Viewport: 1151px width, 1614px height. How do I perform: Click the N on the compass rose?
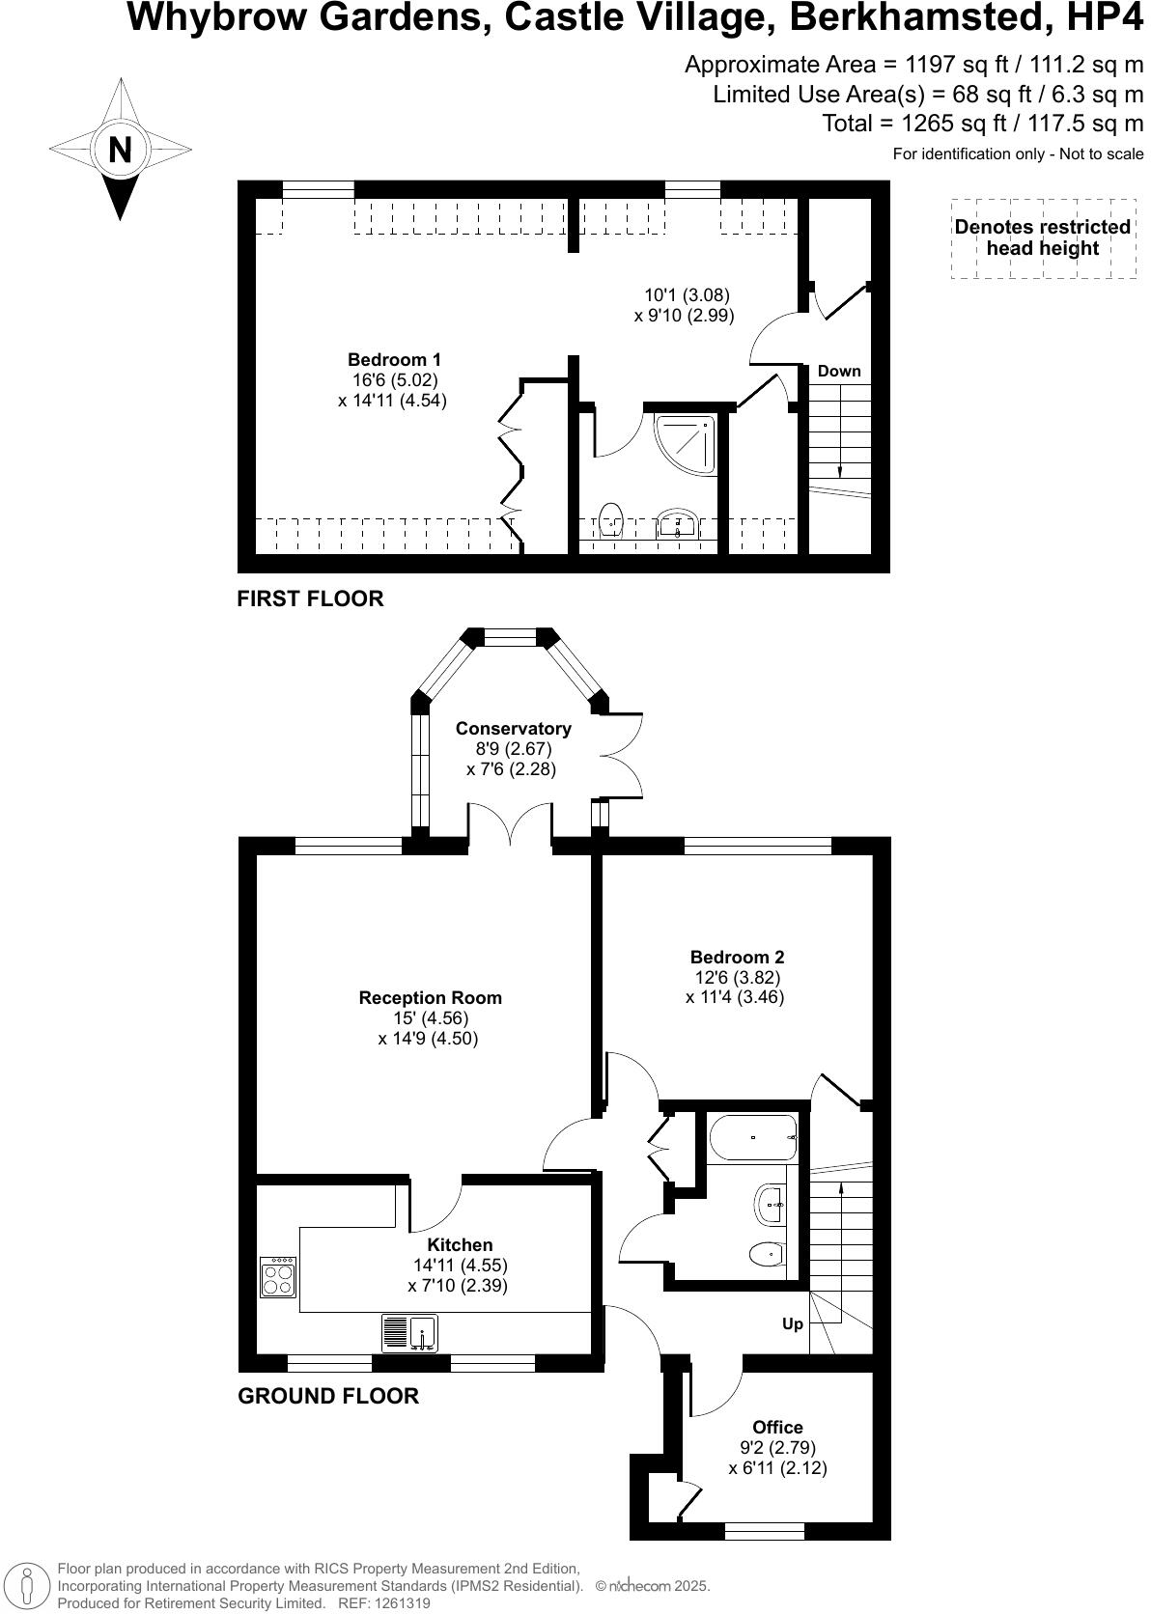[120, 151]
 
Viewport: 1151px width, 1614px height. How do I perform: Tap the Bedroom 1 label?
[394, 360]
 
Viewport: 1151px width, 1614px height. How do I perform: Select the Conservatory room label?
[513, 729]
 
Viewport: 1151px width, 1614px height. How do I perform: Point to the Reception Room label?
[430, 998]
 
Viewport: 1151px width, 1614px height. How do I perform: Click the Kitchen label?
[460, 1245]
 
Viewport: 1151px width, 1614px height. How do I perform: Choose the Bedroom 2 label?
[737, 958]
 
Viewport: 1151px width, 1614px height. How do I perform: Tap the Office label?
[777, 1427]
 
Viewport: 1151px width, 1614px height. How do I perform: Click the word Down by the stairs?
[838, 372]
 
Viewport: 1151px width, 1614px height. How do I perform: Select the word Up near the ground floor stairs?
[792, 1323]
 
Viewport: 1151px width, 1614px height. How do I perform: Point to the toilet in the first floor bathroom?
[611, 519]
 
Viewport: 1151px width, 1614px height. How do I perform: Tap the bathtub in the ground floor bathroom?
[752, 1137]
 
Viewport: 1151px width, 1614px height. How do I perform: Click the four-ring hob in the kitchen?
[278, 1276]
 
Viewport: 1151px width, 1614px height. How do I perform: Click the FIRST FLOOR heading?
[310, 598]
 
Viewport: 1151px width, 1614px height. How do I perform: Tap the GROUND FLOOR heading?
[328, 1396]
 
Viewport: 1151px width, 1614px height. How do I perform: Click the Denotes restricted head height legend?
[1042, 237]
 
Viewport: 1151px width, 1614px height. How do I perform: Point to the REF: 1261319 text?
[382, 1603]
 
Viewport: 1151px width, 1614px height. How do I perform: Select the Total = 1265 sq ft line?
[982, 124]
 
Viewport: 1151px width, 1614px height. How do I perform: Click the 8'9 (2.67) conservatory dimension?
[513, 749]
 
